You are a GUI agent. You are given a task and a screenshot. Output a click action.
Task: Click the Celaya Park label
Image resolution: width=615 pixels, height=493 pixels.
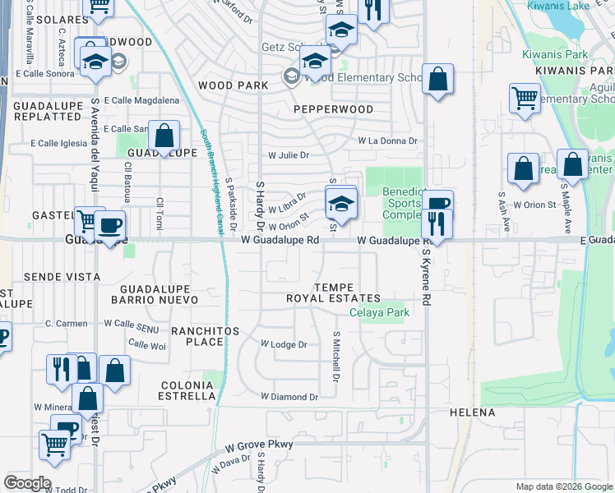(379, 313)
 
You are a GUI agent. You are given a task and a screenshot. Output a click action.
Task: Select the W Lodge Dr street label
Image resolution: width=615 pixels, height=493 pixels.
(284, 344)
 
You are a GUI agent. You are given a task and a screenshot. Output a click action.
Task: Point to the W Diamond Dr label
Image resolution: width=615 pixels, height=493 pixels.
(289, 397)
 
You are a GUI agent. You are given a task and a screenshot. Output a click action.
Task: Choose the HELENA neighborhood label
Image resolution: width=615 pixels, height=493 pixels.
(472, 412)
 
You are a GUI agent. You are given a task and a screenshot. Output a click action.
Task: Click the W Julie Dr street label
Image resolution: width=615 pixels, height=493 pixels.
(289, 155)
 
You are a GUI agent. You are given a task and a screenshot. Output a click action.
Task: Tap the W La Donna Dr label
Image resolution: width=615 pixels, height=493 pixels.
(387, 141)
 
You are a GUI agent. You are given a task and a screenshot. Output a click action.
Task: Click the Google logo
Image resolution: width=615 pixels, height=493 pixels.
(27, 483)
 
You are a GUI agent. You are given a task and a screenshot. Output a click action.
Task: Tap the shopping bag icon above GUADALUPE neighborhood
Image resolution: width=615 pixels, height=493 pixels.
(164, 136)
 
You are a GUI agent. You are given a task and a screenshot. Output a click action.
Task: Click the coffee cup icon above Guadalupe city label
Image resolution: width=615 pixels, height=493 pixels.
(109, 224)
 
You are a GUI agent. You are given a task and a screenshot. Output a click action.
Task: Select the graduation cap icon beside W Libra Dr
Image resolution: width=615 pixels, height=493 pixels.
(341, 201)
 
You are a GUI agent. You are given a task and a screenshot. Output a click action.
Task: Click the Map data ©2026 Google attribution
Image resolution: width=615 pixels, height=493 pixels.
(563, 486)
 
